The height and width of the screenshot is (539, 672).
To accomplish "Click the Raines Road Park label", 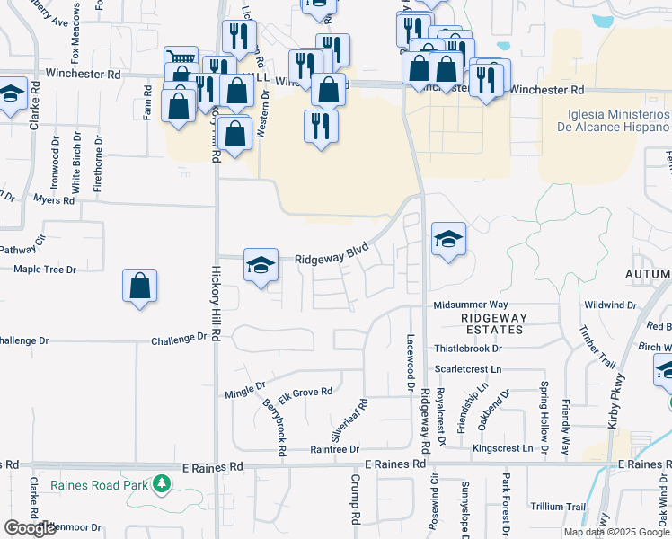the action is tap(100, 486).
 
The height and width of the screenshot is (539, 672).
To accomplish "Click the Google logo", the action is tap(30, 528).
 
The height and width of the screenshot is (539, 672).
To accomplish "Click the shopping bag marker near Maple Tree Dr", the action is tap(140, 287).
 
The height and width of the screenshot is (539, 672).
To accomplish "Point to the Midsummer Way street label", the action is tap(471, 305).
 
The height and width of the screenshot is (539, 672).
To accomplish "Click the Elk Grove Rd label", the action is tap(305, 393).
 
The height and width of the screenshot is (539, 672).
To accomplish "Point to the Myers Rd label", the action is tap(55, 200).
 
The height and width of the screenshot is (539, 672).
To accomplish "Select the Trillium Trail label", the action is tap(557, 507).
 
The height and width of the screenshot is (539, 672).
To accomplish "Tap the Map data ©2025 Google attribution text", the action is tap(616, 532).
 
